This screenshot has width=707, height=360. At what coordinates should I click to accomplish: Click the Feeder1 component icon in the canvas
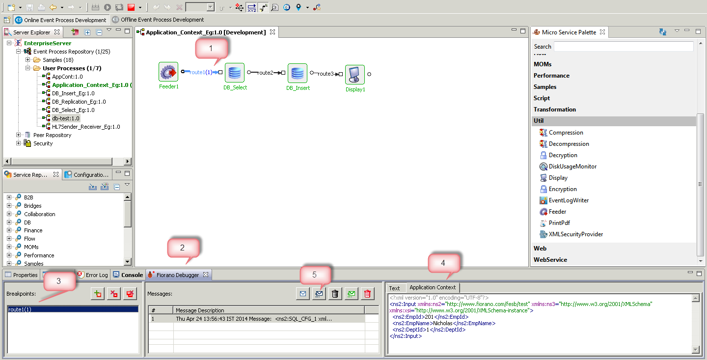168,72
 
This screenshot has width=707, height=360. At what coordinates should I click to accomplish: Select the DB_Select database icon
235,73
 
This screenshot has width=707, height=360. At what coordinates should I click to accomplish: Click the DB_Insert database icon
298,73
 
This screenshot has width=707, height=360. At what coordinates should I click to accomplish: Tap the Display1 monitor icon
355,75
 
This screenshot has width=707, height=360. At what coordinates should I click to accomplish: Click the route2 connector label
266,73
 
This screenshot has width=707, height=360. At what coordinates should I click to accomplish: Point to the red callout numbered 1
211,48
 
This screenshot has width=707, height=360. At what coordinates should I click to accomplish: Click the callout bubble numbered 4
443,263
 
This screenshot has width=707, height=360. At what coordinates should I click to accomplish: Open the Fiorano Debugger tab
178,275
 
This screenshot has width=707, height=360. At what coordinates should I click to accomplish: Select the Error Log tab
93,275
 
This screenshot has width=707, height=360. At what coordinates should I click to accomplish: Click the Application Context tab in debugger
433,288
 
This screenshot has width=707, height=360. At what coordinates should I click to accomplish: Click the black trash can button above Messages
335,294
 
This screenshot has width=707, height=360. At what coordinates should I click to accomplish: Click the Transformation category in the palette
555,110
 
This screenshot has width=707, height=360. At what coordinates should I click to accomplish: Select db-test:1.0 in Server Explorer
66,118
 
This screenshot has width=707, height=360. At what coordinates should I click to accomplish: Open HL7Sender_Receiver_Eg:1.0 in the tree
86,127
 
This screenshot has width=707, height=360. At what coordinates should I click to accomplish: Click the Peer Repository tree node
52,135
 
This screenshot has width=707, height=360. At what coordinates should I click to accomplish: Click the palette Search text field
624,47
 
